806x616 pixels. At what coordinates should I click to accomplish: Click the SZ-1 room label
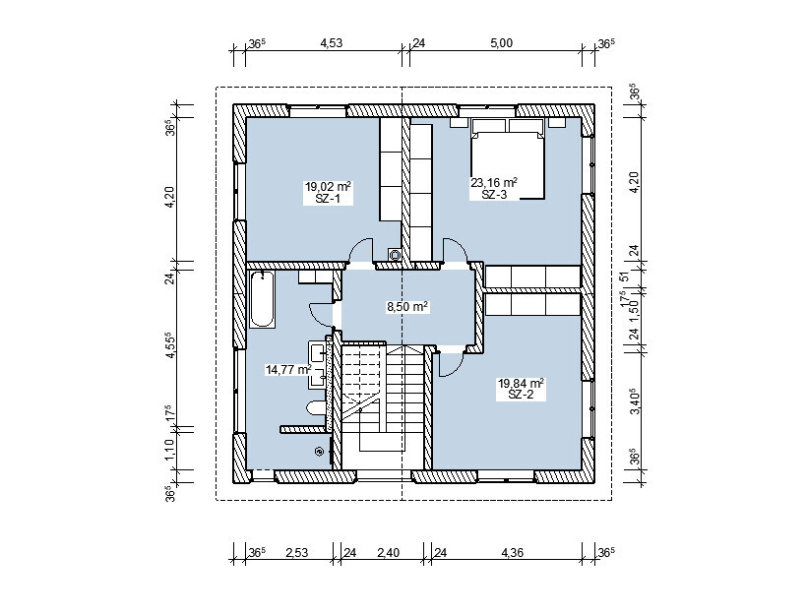328,199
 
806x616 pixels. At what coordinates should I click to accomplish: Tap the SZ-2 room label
521,395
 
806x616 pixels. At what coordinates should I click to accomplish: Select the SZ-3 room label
494,195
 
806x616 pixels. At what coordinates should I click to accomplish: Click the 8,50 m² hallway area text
407,307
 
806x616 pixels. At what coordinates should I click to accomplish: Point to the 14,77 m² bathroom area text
287,369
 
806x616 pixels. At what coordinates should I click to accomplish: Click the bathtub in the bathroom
262,300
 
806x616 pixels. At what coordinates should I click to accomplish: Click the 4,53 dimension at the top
332,43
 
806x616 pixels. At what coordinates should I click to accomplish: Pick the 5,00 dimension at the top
501,43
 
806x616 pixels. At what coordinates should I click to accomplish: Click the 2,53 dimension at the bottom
296,553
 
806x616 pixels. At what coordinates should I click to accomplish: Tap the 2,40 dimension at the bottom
388,553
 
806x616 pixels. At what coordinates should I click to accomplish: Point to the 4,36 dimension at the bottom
512,553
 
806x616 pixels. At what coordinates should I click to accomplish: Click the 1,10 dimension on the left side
170,449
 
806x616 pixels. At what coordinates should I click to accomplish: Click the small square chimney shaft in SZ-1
395,254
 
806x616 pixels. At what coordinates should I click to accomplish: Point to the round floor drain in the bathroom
319,452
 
